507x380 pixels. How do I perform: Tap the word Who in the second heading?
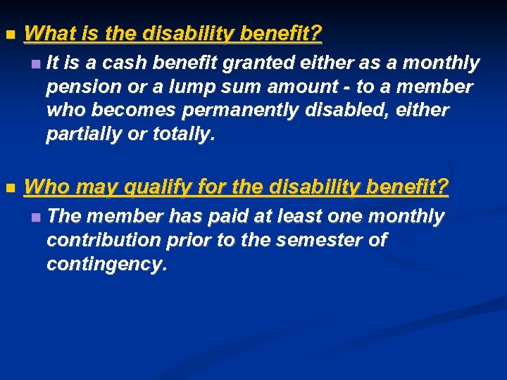coord(47,188)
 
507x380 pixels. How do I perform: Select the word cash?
coord(124,64)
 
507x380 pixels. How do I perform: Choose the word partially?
coord(83,135)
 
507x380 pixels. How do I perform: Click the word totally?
coord(183,135)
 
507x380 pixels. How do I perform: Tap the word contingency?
coord(106,265)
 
